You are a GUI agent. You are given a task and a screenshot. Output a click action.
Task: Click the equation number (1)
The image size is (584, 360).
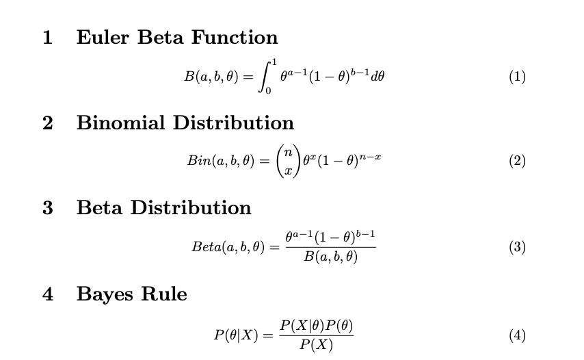point(517,77)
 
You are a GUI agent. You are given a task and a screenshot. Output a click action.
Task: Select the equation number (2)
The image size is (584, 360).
point(517,162)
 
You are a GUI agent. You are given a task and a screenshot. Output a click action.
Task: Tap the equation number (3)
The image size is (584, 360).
point(517,247)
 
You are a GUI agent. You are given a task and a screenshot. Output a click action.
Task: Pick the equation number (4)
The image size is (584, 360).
point(517,335)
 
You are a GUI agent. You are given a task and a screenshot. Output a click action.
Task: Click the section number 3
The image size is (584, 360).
point(47,208)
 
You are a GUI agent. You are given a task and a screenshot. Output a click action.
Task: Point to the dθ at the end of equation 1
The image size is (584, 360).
point(377,77)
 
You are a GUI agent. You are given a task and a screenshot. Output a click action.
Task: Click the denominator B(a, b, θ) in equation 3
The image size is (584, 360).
point(331,257)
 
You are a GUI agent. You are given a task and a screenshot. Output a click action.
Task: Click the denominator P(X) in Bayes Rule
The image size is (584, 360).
point(317,345)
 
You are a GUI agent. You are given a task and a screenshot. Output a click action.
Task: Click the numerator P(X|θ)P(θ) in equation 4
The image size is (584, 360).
point(317,325)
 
